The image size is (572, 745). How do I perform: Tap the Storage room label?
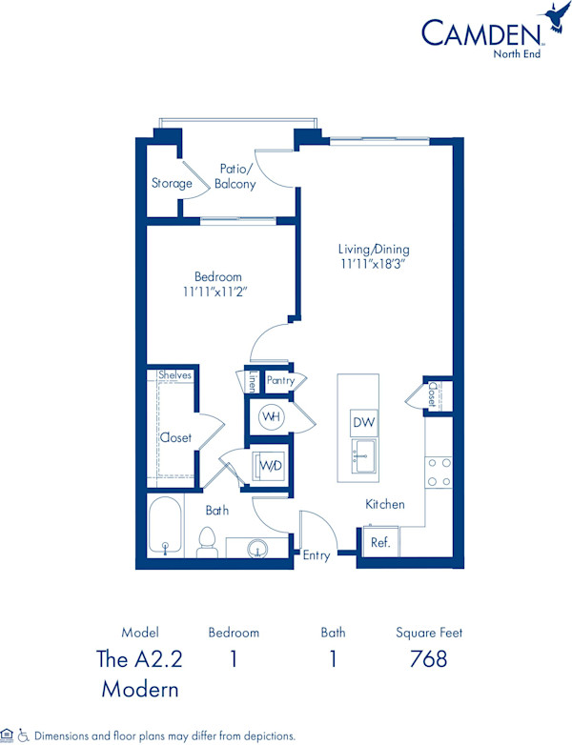(x=172, y=183)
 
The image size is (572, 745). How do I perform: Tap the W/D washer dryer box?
(x=267, y=467)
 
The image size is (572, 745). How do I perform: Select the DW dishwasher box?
(x=363, y=422)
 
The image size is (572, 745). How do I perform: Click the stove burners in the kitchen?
(x=439, y=470)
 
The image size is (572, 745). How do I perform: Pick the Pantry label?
(x=280, y=380)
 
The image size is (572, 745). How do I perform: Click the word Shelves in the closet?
(x=175, y=375)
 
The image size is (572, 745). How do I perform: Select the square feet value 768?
(x=429, y=658)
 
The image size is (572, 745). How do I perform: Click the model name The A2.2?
(x=139, y=658)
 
